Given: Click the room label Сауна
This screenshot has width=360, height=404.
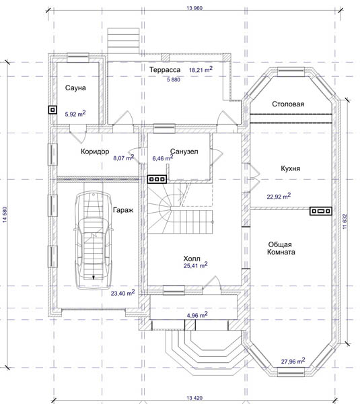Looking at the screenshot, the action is pyautogui.click(x=75, y=88).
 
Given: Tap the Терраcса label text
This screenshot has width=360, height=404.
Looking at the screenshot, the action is pyautogui.click(x=165, y=69).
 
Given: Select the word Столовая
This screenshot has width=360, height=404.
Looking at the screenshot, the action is pyautogui.click(x=288, y=104).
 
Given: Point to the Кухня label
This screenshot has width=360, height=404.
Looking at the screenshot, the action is pyautogui.click(x=290, y=168).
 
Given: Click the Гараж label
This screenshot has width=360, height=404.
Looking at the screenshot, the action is pyautogui.click(x=123, y=210).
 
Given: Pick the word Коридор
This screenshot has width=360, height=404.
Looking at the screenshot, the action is pyautogui.click(x=95, y=151).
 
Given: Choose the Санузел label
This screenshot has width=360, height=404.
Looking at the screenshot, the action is pyautogui.click(x=184, y=151).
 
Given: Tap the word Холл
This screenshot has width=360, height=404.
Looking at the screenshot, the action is pyautogui.click(x=192, y=259).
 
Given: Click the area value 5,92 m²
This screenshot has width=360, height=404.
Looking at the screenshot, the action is pyautogui.click(x=75, y=114).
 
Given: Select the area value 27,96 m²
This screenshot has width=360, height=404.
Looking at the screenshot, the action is pyautogui.click(x=293, y=361).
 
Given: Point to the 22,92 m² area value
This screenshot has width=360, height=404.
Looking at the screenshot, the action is pyautogui.click(x=279, y=196).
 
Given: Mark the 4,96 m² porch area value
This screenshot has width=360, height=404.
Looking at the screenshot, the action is pyautogui.click(x=197, y=314).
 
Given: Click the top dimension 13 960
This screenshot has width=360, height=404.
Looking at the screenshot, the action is pyautogui.click(x=194, y=8).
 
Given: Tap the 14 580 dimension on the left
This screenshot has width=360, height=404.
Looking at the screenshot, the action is pyautogui.click(x=5, y=214).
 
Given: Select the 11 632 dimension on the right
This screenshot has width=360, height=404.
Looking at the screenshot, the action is pyautogui.click(x=345, y=222).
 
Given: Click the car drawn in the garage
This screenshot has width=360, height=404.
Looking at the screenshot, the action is pyautogui.click(x=94, y=240).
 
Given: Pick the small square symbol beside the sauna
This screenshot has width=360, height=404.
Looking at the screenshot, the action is pyautogui.click(x=52, y=110).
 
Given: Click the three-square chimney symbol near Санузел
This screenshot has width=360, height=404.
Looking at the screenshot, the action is pyautogui.click(x=157, y=179).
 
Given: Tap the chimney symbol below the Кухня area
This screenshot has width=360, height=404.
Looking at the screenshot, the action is pyautogui.click(x=320, y=211).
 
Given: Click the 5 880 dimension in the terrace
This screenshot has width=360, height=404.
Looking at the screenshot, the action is pyautogui.click(x=174, y=79).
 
